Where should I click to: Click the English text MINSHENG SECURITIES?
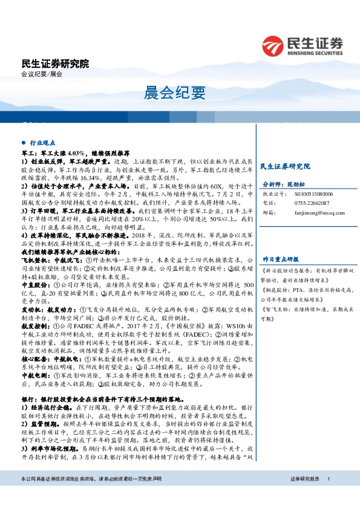tap(315, 53)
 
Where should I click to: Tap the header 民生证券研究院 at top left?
tap(54, 63)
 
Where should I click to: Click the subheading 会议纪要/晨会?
tap(42, 74)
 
